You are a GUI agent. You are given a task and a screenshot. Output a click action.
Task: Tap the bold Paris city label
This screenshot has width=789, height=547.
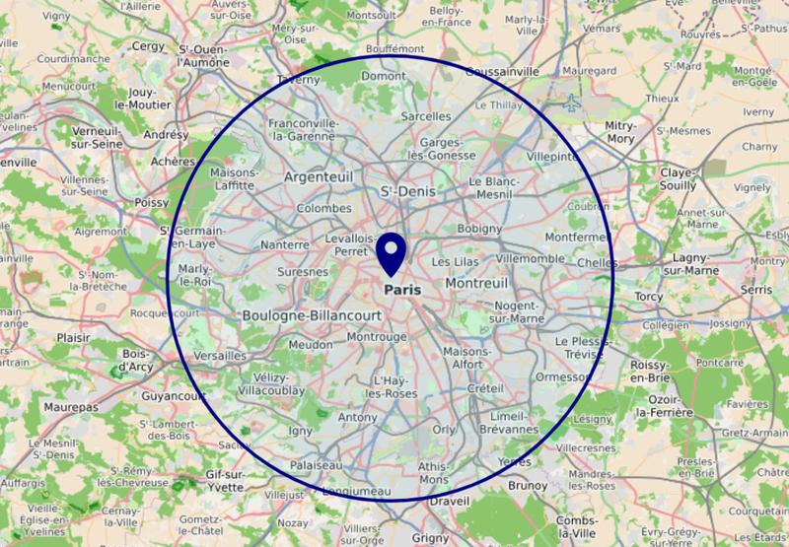pos(402,291)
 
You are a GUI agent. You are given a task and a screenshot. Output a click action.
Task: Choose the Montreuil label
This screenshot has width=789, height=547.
pos(477,283)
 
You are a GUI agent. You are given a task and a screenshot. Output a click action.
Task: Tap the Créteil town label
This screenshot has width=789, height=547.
pos(485,389)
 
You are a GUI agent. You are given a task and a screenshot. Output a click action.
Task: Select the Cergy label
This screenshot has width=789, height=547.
pos(148,45)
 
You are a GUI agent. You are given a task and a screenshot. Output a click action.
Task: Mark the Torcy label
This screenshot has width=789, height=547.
pos(650,297)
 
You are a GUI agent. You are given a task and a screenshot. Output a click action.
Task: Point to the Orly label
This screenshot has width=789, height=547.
pos(444,429)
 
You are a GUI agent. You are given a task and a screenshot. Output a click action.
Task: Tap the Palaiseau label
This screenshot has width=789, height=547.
pos(317,465)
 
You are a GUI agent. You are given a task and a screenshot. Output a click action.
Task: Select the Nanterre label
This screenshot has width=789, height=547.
pos(284,245)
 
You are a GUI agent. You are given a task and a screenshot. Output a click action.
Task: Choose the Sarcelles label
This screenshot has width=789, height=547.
pos(426,116)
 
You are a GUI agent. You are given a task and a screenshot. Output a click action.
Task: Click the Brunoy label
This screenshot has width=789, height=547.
pos(529,485)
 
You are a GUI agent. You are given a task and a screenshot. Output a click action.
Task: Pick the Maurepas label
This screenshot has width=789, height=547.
pos(73,406)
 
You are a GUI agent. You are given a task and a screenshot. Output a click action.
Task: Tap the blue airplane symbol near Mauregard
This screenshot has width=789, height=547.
pos(572,102)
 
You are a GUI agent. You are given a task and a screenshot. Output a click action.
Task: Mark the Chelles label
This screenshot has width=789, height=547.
pos(598,262)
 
